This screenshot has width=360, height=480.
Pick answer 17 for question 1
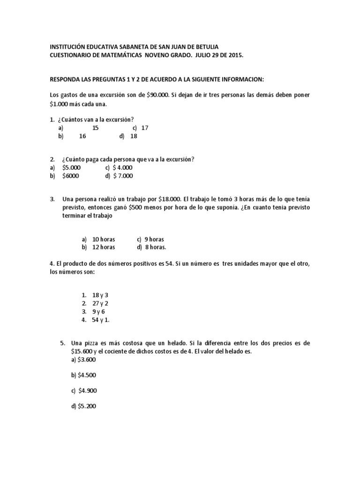[x=144, y=127]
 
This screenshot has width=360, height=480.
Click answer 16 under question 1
[x=82, y=136]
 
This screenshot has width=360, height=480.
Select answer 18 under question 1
[x=134, y=136]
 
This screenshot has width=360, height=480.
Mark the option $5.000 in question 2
[x=71, y=167]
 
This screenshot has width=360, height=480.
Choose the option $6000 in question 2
[x=70, y=176]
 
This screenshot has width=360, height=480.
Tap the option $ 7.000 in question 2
[x=122, y=176]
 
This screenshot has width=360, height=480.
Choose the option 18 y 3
[x=100, y=295]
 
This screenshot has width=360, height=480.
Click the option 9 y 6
[x=98, y=311]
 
